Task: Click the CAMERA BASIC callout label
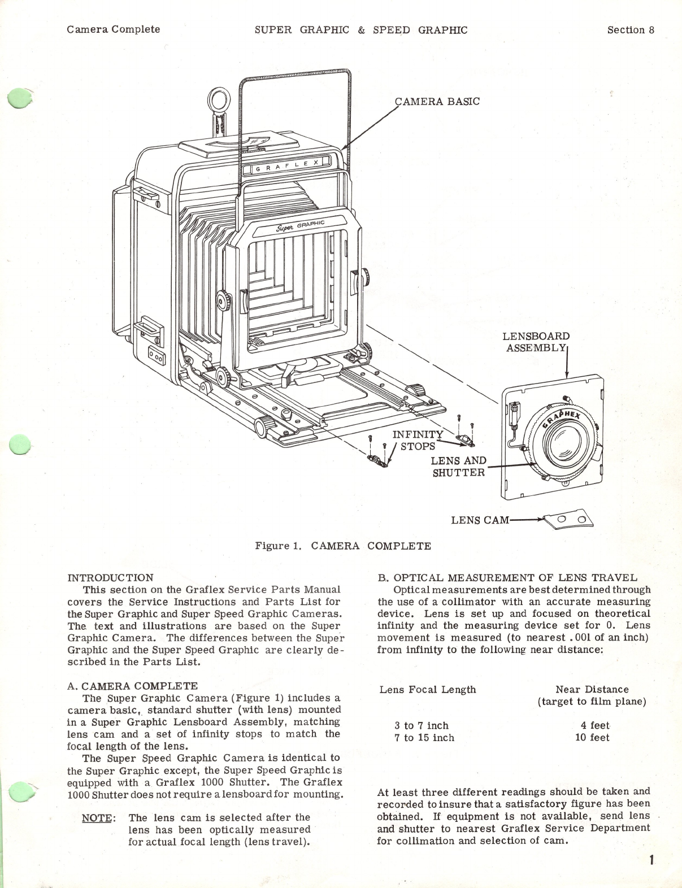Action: [x=437, y=102]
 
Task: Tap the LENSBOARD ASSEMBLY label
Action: [x=536, y=342]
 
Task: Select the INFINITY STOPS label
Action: [x=418, y=440]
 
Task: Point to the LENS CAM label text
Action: [x=480, y=520]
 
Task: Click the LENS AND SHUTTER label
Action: [x=458, y=467]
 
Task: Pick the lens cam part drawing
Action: [x=568, y=520]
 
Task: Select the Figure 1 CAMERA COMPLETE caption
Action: [x=343, y=546]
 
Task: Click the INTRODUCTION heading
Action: [x=110, y=577]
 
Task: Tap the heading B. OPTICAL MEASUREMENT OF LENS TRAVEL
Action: [x=507, y=577]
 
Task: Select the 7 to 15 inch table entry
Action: [x=424, y=738]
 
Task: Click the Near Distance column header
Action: [x=592, y=689]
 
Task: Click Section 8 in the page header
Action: [x=631, y=30]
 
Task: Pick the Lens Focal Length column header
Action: [x=428, y=689]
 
